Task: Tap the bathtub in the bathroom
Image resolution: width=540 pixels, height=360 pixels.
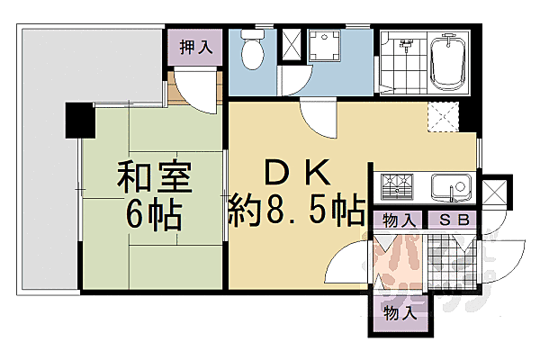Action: pos(446,62)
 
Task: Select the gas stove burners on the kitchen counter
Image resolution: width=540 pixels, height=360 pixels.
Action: pos(394,187)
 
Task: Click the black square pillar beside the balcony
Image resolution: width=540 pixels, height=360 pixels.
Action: pos(76,121)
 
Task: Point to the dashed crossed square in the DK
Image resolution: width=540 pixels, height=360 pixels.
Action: pos(440,117)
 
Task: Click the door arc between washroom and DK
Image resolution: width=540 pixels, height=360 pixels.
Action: pos(316,115)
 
